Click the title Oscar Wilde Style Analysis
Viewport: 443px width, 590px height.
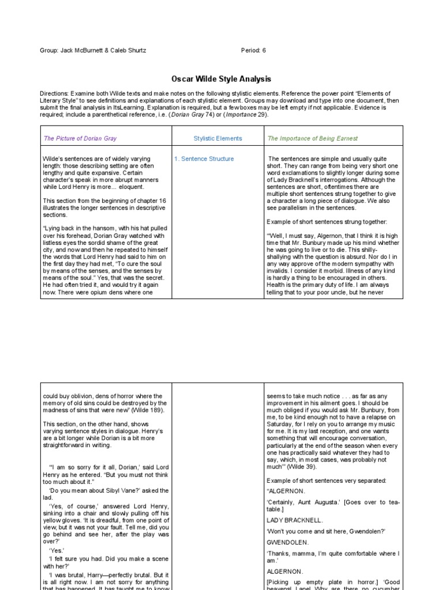[221, 79]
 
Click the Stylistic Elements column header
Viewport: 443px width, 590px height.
[217, 138]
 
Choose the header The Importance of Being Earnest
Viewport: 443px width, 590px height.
[312, 138]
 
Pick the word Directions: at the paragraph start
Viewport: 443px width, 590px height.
[54, 93]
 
